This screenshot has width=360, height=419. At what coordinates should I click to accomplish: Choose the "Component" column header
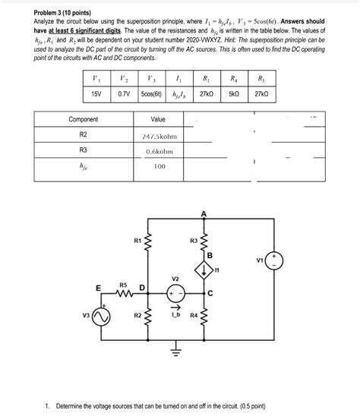(x=83, y=120)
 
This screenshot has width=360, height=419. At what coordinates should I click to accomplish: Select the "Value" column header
(x=158, y=120)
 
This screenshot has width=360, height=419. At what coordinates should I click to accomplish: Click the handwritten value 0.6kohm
(x=159, y=151)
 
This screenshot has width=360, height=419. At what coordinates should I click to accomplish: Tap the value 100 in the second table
(x=159, y=166)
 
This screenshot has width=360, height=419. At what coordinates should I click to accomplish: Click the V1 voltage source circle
(x=274, y=261)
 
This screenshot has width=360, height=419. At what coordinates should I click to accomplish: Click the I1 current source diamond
(x=204, y=269)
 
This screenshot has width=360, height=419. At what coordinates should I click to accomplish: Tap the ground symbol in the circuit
(x=175, y=350)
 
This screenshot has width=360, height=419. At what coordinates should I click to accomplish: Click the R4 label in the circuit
(x=194, y=313)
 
